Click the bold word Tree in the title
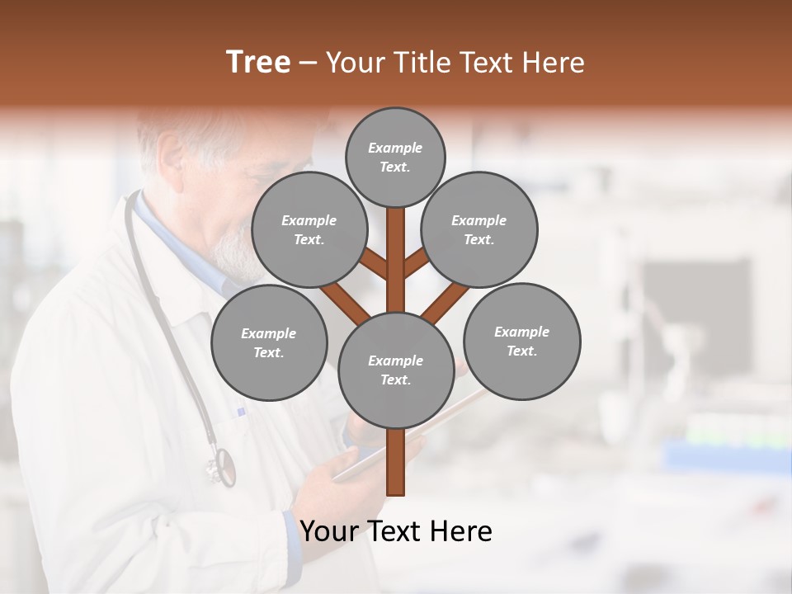point(258,62)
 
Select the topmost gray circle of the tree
point(395,157)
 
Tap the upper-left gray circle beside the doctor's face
point(309,229)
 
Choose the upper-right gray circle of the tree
point(479,229)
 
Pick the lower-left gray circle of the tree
point(268,342)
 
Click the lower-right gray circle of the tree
point(521,341)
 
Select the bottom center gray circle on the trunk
point(395,370)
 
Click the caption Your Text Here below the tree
point(395,531)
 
